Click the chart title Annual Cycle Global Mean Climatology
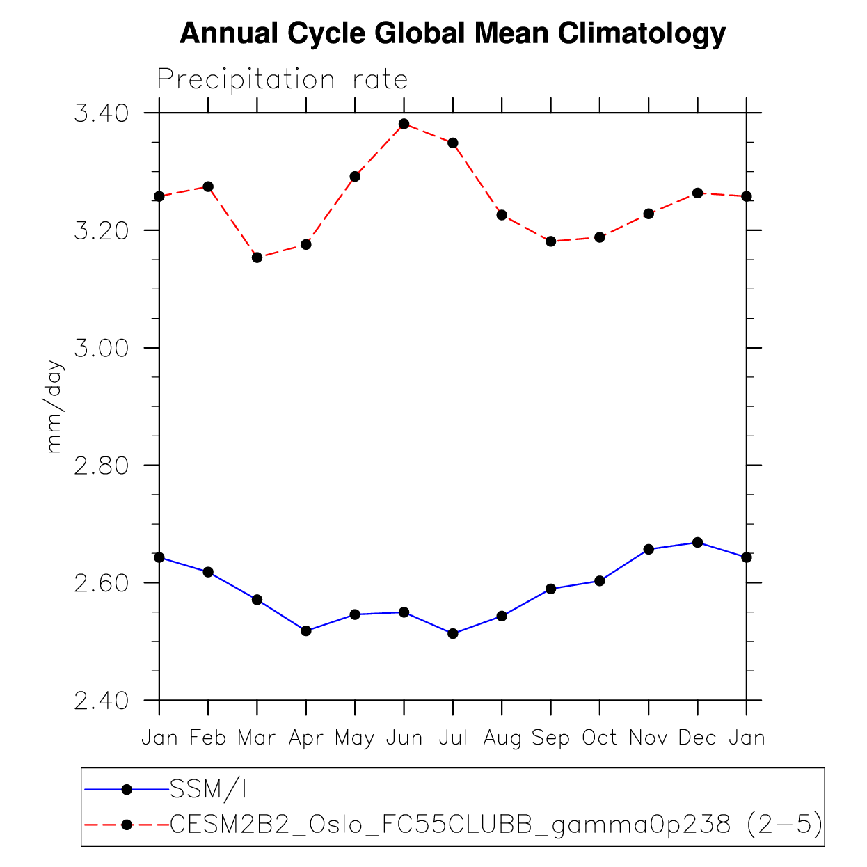tap(452, 33)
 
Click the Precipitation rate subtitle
tap(282, 79)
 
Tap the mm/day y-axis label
tap(54, 407)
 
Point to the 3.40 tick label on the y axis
tap(101, 113)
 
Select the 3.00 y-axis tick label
tap(101, 348)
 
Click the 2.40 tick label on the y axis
tap(101, 700)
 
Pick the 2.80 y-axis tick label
tap(101, 465)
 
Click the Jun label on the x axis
tap(404, 738)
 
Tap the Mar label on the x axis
tap(257, 738)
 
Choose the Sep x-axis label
tap(550, 738)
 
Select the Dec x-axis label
tap(697, 738)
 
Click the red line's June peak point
tap(404, 124)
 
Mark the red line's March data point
tap(257, 257)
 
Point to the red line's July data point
tap(453, 143)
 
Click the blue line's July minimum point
tap(453, 633)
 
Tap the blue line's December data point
tap(698, 542)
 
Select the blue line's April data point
tap(306, 630)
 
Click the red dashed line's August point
tap(502, 215)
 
